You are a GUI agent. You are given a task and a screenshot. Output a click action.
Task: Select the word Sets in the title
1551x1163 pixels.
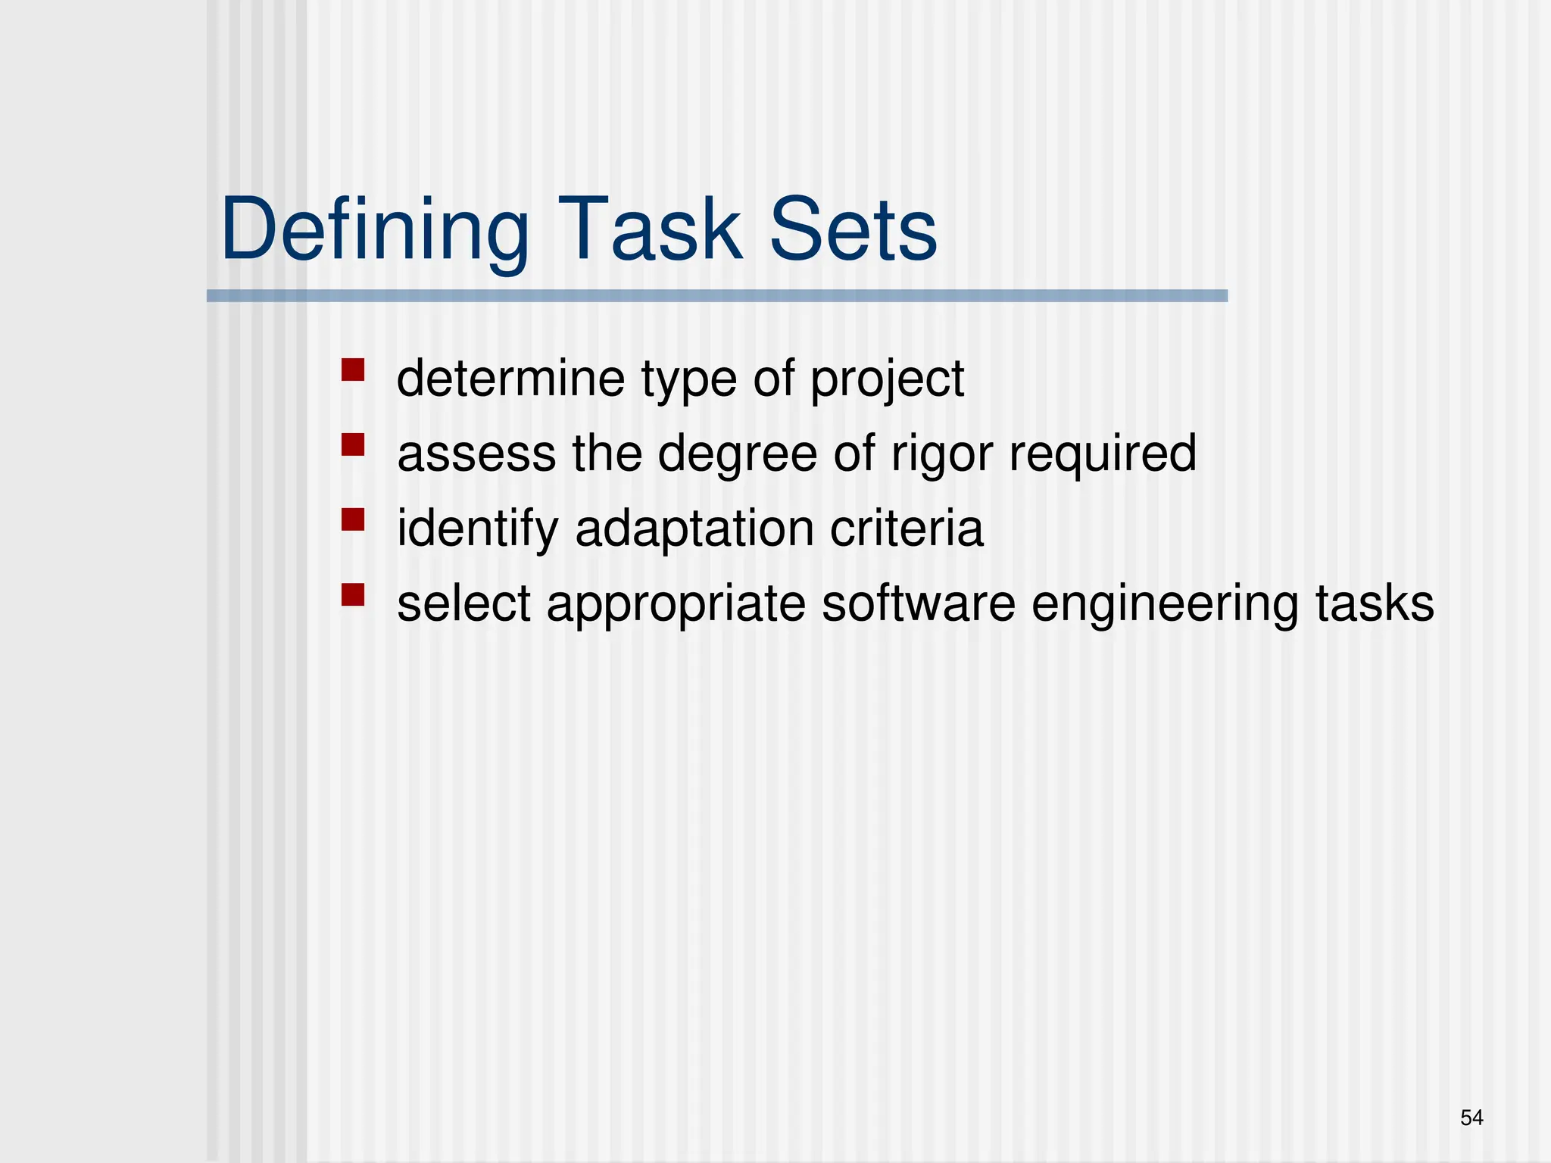854,229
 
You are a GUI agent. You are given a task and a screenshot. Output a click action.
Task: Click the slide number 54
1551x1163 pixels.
1471,1118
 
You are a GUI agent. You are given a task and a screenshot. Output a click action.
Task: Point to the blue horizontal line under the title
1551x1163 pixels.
716,296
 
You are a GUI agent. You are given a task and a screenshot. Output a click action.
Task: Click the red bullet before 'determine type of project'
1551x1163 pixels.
353,370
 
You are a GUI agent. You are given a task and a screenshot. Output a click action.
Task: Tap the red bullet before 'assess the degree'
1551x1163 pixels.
353,444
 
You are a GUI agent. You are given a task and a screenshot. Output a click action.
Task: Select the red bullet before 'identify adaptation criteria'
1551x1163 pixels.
353,519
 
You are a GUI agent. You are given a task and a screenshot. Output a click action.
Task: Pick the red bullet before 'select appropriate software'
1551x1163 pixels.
353,594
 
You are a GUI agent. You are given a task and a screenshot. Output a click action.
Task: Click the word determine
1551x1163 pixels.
510,378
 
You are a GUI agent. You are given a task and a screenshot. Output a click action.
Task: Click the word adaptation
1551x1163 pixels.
694,529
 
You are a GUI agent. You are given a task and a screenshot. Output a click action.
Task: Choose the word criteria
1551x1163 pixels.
907,528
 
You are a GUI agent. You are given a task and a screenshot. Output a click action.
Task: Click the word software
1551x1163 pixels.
918,603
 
